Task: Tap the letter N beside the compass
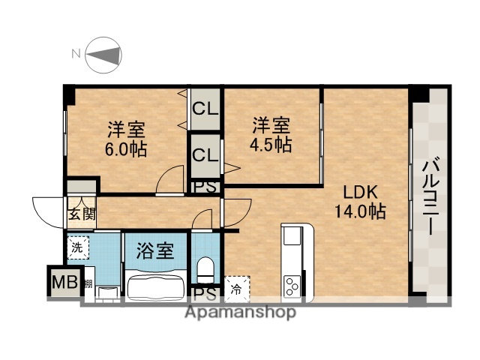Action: pyautogui.click(x=75, y=54)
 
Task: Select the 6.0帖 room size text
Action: pyautogui.click(x=125, y=148)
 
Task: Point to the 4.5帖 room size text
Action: pyautogui.click(x=271, y=145)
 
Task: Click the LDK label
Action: pyautogui.click(x=360, y=190)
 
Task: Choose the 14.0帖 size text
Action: pyautogui.click(x=360, y=211)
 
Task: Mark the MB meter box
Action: pyautogui.click(x=61, y=283)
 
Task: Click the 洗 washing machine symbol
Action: pyautogui.click(x=77, y=246)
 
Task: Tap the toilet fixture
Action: pyautogui.click(x=204, y=268)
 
